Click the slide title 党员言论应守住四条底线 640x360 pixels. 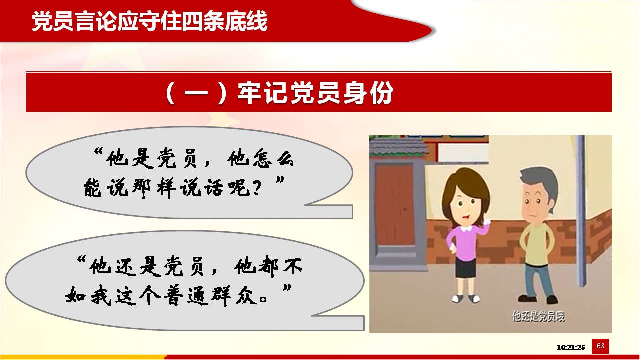(150, 21)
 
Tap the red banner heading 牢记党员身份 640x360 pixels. (315, 93)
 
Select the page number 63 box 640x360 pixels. (600, 346)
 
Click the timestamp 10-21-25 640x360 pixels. (571, 347)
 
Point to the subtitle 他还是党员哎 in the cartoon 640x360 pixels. (539, 316)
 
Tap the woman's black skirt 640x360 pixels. (465, 268)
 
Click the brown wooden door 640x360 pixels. (394, 205)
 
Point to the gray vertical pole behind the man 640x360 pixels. (580, 211)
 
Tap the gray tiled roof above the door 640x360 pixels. (399, 146)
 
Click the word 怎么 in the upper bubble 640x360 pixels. (273, 157)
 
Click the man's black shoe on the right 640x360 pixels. (552, 300)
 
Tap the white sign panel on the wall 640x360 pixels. (463, 153)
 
